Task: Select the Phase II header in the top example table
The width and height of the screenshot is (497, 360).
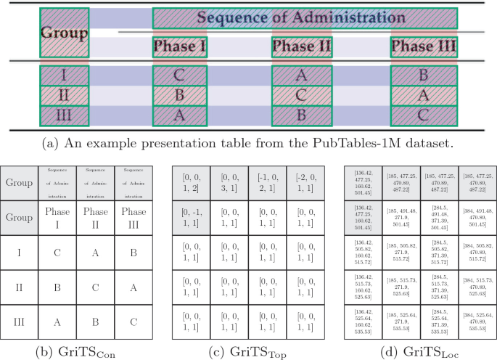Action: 302,48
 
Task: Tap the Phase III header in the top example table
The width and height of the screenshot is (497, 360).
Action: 423,48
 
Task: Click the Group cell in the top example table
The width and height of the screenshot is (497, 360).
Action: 64,33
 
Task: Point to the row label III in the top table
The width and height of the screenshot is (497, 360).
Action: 64,116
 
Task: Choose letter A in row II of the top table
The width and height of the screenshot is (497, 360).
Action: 423,96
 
